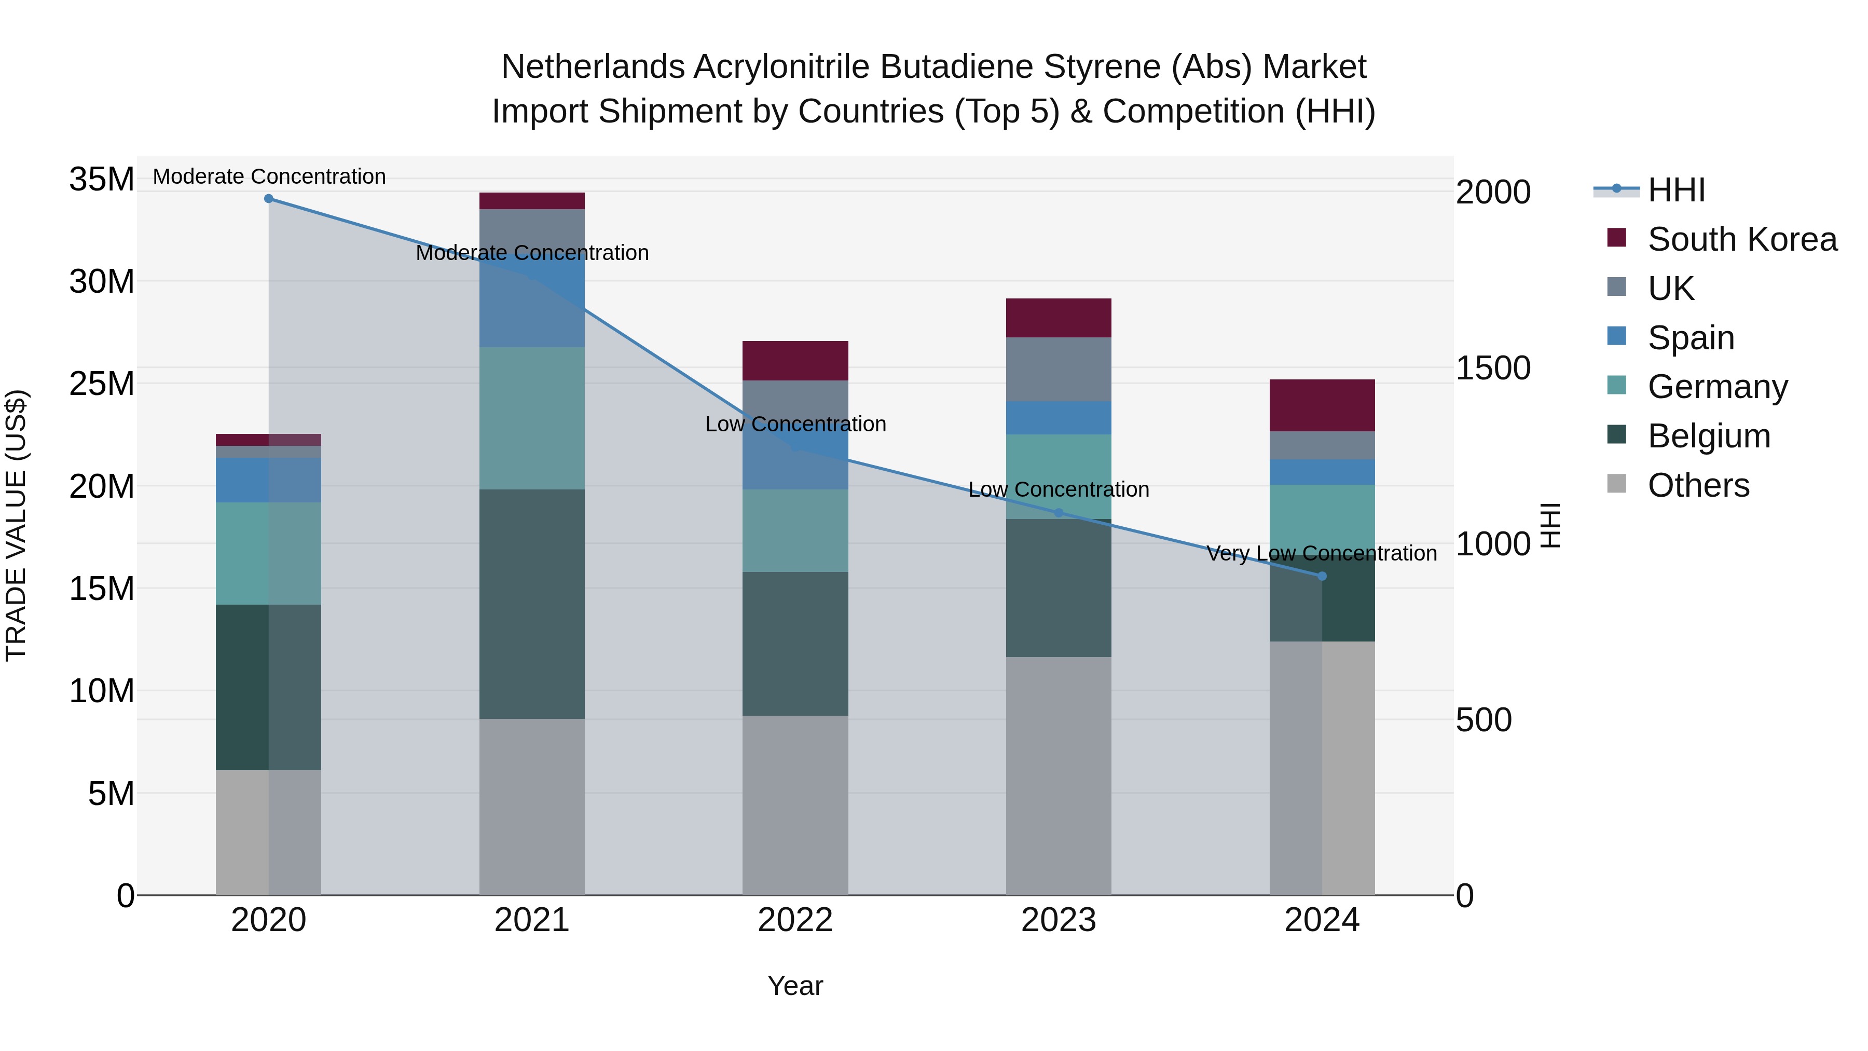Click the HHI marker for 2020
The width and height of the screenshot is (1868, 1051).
[x=268, y=199]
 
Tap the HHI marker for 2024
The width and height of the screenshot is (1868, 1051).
[x=1322, y=576]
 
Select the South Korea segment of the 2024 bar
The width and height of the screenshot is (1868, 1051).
[x=1322, y=405]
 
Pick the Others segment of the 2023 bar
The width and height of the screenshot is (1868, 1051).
[x=1058, y=775]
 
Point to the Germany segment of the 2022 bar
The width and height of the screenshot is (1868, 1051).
[x=795, y=530]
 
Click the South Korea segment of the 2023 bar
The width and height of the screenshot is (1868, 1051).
[x=1058, y=318]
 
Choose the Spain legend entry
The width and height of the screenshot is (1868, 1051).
[x=1691, y=338]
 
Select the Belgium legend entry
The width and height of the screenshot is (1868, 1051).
[x=1709, y=436]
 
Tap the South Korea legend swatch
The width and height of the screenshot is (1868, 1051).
[x=1616, y=238]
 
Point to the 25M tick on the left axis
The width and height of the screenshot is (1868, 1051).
[x=102, y=384]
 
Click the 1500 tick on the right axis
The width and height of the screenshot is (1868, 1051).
[x=1493, y=368]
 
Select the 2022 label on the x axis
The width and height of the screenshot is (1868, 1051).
[x=795, y=920]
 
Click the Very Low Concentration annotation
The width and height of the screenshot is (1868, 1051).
[x=1321, y=553]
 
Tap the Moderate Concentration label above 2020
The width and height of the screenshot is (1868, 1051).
[x=269, y=177]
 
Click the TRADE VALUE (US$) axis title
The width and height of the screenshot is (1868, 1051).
[x=17, y=525]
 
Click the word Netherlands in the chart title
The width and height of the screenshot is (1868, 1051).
[x=593, y=67]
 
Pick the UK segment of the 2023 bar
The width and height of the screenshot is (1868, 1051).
[x=1058, y=369]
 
